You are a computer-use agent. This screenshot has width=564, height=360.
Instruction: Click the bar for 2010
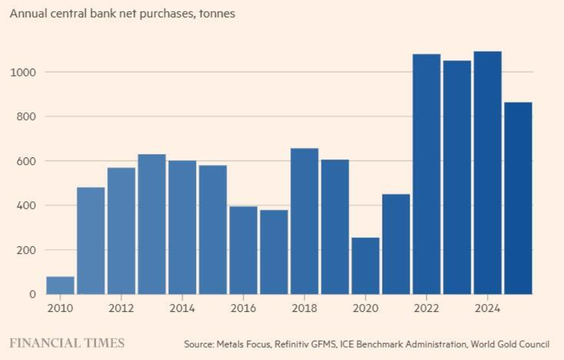[x=61, y=285]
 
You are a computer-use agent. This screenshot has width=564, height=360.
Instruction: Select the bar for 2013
[x=152, y=224]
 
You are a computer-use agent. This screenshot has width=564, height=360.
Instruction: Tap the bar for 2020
[x=366, y=266]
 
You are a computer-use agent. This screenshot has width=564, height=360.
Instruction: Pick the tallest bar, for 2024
[x=488, y=173]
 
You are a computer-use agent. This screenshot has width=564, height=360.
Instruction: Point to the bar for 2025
[x=518, y=198]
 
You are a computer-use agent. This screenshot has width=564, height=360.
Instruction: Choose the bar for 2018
[x=305, y=221]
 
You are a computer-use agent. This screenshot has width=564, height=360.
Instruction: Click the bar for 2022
[x=427, y=174]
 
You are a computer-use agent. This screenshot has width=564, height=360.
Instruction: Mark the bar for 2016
[x=243, y=250]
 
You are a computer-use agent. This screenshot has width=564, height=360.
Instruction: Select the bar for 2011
[x=91, y=241]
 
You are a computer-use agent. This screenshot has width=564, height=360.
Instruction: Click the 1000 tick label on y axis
[x=23, y=72]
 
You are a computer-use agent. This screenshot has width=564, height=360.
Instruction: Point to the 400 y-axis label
[x=27, y=206]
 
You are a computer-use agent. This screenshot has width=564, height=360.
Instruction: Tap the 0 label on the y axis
[x=33, y=294]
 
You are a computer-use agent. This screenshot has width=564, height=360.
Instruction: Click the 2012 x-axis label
[x=121, y=308]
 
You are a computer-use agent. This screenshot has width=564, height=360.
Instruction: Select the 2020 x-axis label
[x=366, y=308]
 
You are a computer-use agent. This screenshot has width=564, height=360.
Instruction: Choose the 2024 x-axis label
[x=487, y=308]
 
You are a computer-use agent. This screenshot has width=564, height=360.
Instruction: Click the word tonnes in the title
[x=217, y=14]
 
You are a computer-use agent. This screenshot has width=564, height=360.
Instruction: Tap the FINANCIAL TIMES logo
[x=67, y=343]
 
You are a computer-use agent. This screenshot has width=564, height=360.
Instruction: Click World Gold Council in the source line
[x=510, y=344]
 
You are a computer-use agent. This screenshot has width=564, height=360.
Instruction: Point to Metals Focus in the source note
[x=243, y=344]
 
